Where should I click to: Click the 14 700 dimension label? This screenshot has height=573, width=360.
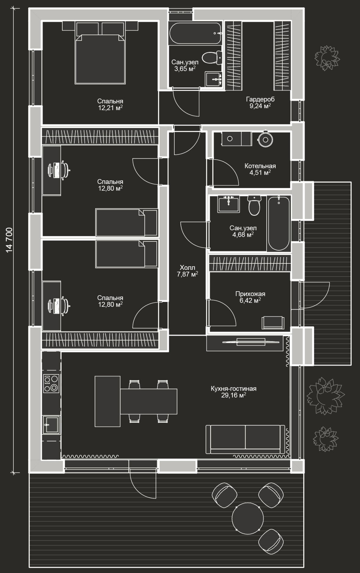(x=9, y=240)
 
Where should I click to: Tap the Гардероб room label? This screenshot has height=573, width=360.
(x=260, y=99)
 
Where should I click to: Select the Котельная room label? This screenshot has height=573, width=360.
(x=260, y=166)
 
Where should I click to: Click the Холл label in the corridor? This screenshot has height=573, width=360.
(x=187, y=268)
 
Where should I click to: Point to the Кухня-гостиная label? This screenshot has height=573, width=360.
(x=234, y=389)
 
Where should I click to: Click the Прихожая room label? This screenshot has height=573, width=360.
(x=250, y=294)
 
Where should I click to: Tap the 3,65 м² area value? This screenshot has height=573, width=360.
(x=185, y=69)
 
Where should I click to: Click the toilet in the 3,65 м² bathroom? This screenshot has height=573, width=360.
(x=213, y=57)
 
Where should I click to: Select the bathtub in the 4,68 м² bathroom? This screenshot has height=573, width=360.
(x=278, y=223)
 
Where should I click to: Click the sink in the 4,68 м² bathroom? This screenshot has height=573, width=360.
(x=228, y=204)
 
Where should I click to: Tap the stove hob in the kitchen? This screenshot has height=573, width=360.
(x=51, y=383)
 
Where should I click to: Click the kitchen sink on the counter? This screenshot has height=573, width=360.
(x=51, y=424)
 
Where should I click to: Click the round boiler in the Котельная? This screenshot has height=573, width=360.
(x=265, y=139)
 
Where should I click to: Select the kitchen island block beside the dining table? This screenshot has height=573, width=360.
(x=107, y=401)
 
